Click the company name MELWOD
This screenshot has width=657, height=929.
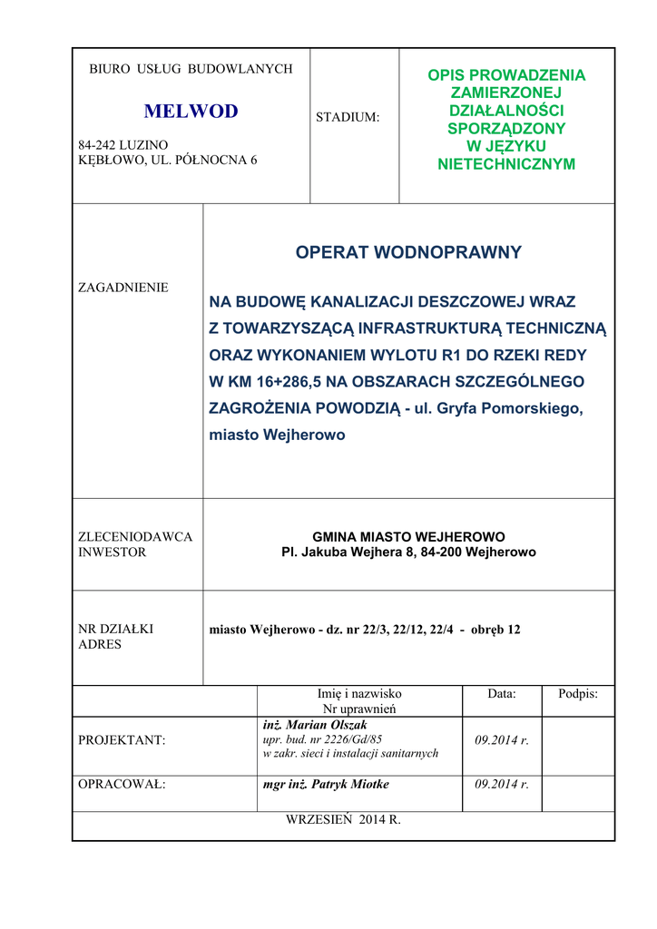(191, 112)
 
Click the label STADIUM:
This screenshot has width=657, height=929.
(348, 117)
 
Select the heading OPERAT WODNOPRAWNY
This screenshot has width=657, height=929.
(408, 252)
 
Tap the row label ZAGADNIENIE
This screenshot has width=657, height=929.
(123, 288)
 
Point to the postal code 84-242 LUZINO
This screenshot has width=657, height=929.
(123, 145)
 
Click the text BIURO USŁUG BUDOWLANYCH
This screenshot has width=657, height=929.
(191, 69)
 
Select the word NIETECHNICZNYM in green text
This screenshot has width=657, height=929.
(506, 164)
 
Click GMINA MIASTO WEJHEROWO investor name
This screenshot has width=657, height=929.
(408, 536)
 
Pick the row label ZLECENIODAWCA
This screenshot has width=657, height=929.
(136, 536)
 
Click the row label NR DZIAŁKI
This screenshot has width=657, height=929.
(116, 628)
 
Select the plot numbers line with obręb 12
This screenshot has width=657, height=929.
(365, 629)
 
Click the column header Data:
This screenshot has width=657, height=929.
(501, 693)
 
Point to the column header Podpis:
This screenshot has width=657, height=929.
(578, 693)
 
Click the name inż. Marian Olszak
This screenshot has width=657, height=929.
(315, 725)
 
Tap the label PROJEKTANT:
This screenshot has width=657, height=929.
(123, 740)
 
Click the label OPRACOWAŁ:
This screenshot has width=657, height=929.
(123, 784)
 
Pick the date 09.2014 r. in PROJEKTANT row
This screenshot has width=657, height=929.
(502, 740)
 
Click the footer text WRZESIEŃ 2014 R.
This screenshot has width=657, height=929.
(343, 819)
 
